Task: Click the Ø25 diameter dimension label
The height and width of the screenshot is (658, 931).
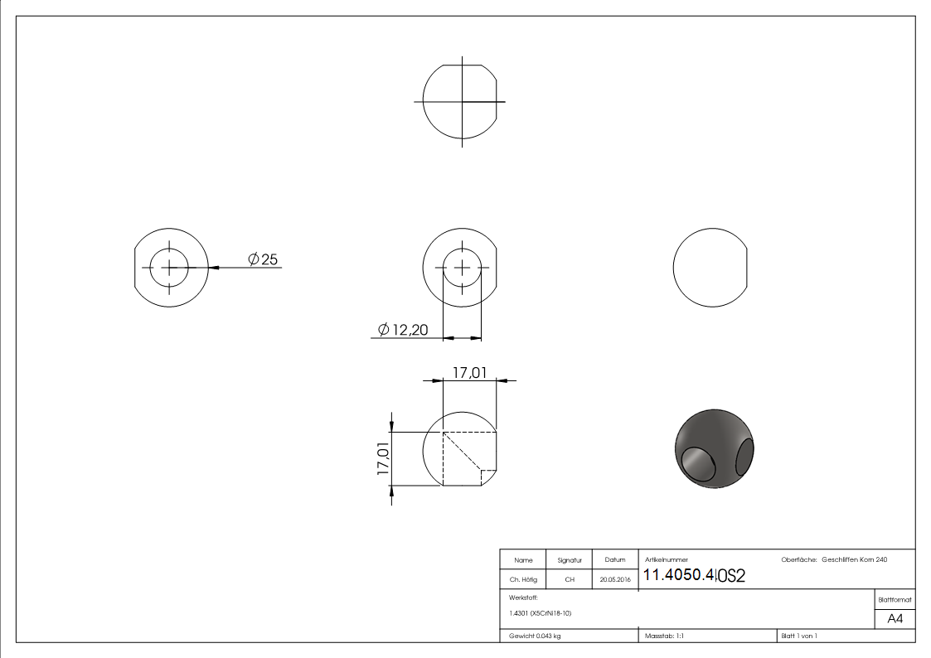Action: (x=263, y=259)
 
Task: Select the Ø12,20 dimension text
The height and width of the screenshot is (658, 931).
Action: (x=403, y=330)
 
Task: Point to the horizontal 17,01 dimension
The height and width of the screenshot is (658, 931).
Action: (x=469, y=374)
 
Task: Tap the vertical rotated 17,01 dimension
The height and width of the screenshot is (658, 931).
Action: (x=384, y=457)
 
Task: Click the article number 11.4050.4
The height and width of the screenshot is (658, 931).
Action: (x=679, y=576)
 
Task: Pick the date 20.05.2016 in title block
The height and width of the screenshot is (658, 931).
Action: (x=614, y=580)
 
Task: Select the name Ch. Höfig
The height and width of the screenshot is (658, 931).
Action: (x=523, y=580)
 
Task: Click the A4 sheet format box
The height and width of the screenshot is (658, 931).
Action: (x=895, y=619)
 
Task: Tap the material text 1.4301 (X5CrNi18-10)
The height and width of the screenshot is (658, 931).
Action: (x=541, y=613)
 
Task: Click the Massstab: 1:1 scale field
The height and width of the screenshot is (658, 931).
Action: (x=664, y=636)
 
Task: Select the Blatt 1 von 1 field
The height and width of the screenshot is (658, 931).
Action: (x=799, y=636)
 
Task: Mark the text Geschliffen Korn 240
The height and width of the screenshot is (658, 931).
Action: (x=854, y=560)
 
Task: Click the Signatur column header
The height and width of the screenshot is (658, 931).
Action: (x=570, y=560)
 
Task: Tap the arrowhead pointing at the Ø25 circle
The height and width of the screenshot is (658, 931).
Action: (x=214, y=268)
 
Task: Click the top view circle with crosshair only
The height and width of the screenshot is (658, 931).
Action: (x=460, y=102)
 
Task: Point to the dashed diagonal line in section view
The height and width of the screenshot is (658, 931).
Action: (x=463, y=451)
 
